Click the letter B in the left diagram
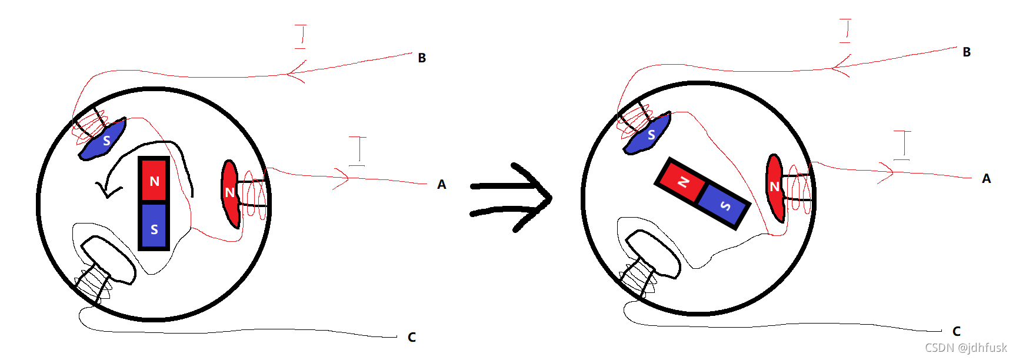coord(422,58)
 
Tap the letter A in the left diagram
coord(442,185)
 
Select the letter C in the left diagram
coord(412,337)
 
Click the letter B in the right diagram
coord(967,52)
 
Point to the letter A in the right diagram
coord(987,178)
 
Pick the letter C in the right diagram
coord(957,331)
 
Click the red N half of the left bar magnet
coord(154,180)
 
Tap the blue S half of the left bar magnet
coord(154,227)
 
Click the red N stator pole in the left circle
coord(230,193)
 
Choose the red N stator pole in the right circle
coord(775,187)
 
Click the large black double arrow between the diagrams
coord(511,198)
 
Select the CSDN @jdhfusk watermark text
coord(965,348)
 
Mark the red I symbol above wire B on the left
coord(301,36)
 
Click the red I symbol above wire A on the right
coord(902,145)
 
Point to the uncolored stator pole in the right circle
coord(653,253)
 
